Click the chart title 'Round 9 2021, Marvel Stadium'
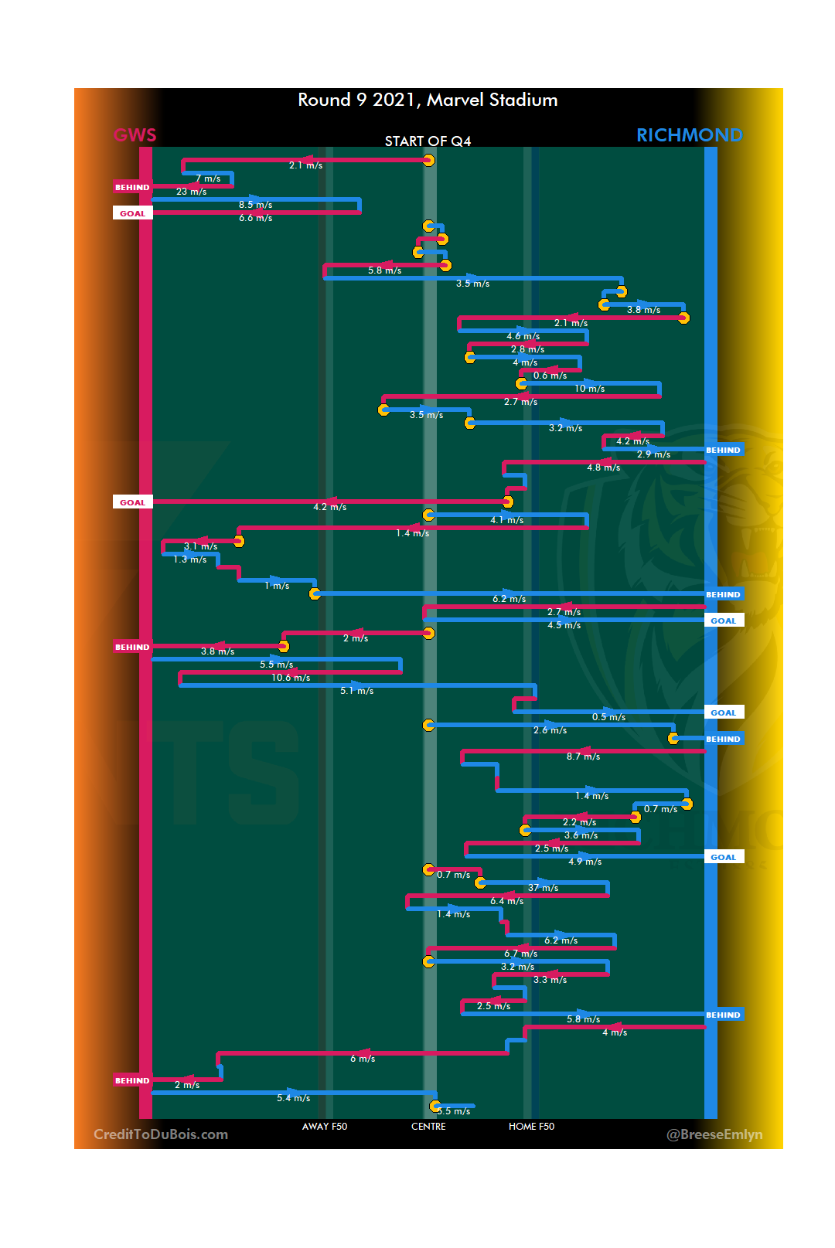[x=428, y=100]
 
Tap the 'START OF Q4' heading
[x=428, y=141]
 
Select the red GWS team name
[x=135, y=136]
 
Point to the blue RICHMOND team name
[x=689, y=135]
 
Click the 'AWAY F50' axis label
[x=325, y=1127]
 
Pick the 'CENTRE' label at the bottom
[x=428, y=1127]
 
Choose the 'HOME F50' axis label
[x=531, y=1127]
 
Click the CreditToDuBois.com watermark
[x=161, y=1134]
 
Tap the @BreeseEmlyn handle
[x=714, y=1134]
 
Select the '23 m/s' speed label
[x=191, y=192]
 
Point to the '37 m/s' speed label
[x=543, y=888]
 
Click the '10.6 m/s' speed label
[x=291, y=678]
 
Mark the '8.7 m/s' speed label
[x=583, y=757]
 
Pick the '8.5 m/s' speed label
[x=255, y=205]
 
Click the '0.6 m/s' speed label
[x=550, y=376]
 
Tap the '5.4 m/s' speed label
[x=293, y=1098]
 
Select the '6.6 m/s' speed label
[x=255, y=218]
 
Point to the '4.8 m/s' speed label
[x=603, y=468]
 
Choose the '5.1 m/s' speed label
[x=356, y=691]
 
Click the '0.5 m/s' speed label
[x=608, y=717]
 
